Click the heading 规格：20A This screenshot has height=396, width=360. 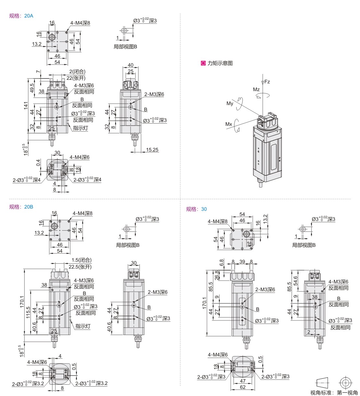[x=21, y=16]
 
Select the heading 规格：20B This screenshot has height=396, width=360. [x=21, y=207]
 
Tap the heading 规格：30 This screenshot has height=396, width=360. [x=196, y=209]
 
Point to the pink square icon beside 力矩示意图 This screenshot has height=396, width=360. [x=203, y=63]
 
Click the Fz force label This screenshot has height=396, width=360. [x=267, y=82]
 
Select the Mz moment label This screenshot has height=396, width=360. [x=256, y=90]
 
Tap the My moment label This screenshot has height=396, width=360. [x=230, y=103]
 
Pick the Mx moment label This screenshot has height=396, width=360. [x=229, y=124]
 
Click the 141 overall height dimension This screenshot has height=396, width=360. [x=26, y=106]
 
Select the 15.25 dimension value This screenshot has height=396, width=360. [x=152, y=150]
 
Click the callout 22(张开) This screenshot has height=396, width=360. [x=76, y=78]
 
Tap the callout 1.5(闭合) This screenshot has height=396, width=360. [x=82, y=260]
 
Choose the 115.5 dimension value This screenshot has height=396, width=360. [x=28, y=313]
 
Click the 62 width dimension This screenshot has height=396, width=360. [x=243, y=387]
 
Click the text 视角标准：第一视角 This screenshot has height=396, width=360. [x=334, y=393]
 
